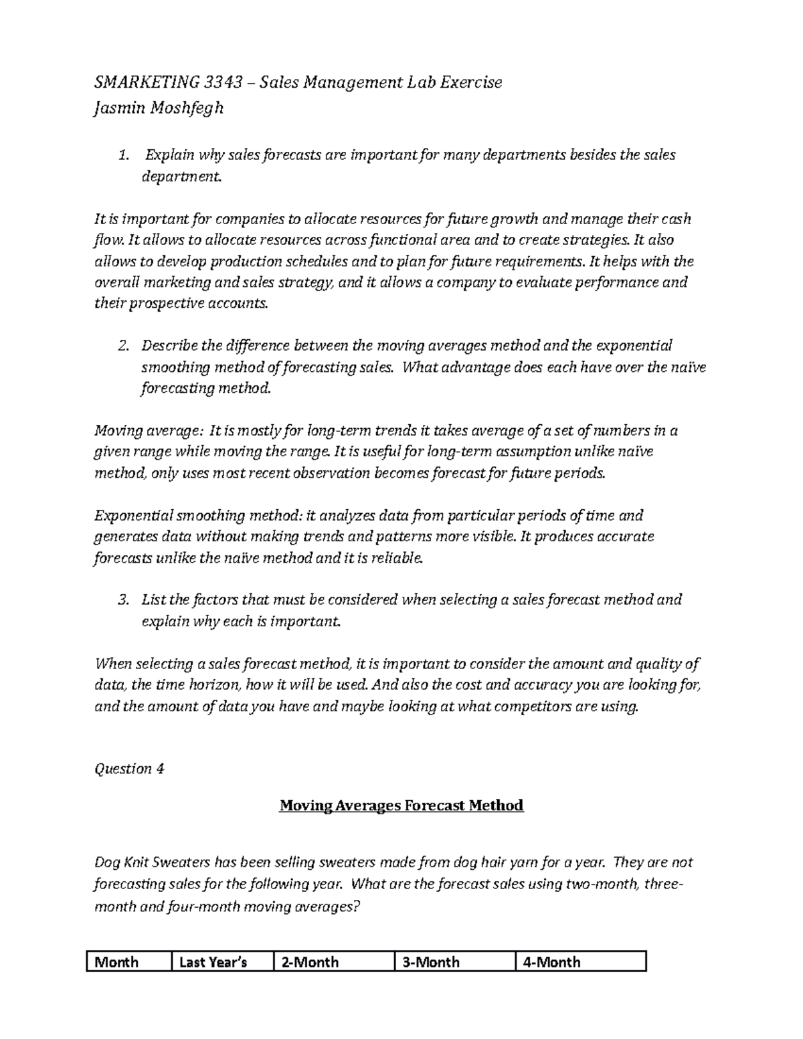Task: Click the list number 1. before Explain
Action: (122, 155)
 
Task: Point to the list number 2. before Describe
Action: (122, 346)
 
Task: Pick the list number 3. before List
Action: (122, 599)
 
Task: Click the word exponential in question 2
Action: (633, 346)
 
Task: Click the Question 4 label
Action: (129, 769)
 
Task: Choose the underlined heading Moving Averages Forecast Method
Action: (401, 806)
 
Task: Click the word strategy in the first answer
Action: (308, 282)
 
